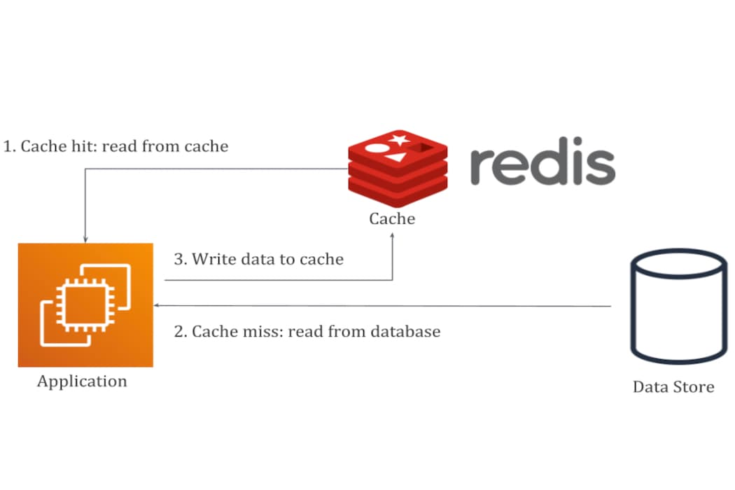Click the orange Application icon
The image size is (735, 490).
click(x=85, y=304)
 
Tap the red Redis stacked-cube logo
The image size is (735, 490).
click(x=397, y=165)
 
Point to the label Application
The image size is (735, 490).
click(x=82, y=381)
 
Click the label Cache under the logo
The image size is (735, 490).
click(x=392, y=218)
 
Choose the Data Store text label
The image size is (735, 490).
click(x=673, y=386)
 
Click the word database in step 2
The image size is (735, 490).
click(x=406, y=331)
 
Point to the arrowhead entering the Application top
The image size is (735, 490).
click(x=85, y=239)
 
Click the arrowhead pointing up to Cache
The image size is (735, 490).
click(x=393, y=236)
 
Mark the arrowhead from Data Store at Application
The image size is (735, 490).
click(x=157, y=306)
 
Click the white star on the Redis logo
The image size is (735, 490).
click(x=400, y=139)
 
